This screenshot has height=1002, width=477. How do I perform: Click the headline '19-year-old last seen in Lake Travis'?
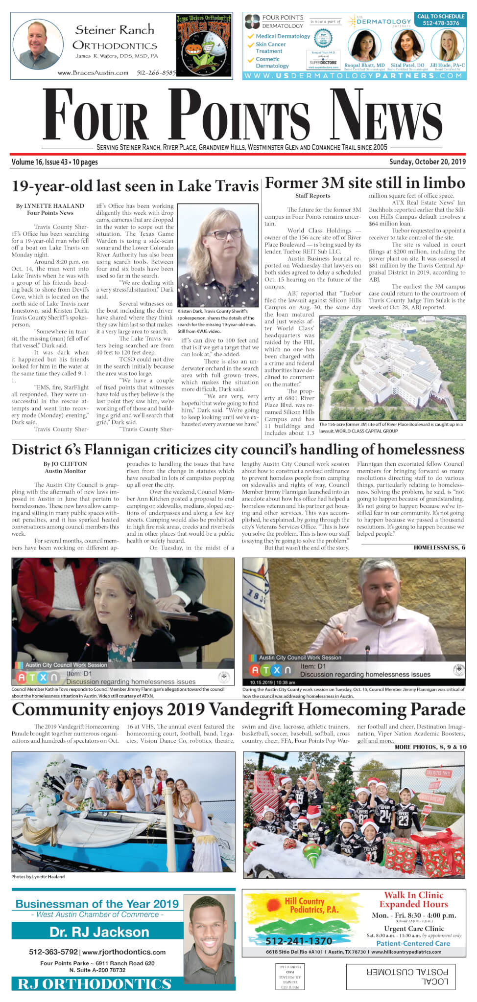coord(135,186)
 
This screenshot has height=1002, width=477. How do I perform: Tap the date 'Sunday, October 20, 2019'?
coord(427,162)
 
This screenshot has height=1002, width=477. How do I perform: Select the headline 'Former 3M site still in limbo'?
coord(365,183)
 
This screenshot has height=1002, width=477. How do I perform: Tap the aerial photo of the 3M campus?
coord(392,368)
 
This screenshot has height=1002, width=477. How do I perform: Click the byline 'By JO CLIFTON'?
coord(65,464)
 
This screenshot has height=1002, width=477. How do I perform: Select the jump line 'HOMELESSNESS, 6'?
coord(439,547)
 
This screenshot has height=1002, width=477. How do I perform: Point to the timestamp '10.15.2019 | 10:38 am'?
coord(272,682)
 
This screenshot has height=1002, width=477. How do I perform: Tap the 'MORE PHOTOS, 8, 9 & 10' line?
coord(430,747)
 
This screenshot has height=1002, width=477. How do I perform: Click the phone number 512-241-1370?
coord(299,941)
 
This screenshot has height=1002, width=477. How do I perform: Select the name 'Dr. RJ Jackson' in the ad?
coord(99,932)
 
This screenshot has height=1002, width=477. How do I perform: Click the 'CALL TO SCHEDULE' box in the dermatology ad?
coord(440,20)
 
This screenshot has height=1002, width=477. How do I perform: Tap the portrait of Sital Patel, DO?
coord(407,46)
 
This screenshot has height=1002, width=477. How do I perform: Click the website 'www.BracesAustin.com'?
coord(93,73)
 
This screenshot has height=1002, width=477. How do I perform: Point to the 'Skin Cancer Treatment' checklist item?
coord(270,47)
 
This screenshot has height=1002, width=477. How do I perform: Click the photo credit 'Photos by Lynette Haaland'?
coord(38,876)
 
